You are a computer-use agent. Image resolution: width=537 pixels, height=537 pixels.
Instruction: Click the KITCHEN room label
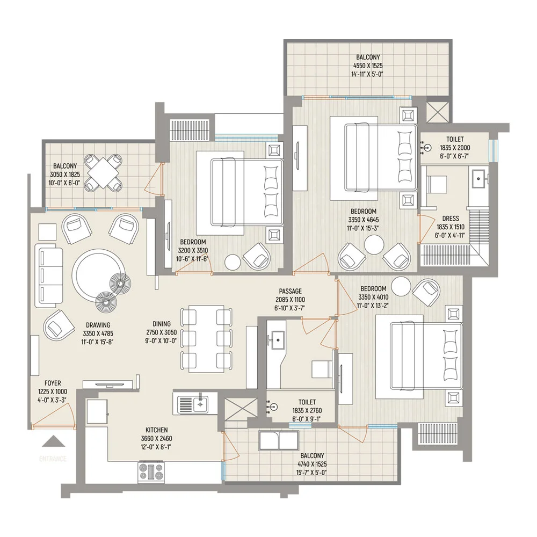pos(156,430)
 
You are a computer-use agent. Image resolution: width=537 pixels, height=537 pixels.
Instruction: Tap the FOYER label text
pos(53,383)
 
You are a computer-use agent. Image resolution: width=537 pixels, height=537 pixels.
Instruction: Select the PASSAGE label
pos(290,291)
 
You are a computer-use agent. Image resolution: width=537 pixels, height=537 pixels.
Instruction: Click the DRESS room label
pos(451,218)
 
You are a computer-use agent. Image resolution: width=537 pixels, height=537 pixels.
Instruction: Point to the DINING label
pos(162,324)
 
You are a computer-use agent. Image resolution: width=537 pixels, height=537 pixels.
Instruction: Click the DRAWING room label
pos(98,325)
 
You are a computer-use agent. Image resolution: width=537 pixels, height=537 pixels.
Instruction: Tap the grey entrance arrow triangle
pos(53,441)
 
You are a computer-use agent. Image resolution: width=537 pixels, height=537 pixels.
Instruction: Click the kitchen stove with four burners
pos(151,472)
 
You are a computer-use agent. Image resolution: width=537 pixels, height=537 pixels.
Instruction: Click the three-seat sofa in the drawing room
pos(49,278)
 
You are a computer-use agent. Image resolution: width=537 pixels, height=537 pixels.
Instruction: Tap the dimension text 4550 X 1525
pos(368,66)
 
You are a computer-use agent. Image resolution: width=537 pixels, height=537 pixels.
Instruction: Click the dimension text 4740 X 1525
pos(312,464)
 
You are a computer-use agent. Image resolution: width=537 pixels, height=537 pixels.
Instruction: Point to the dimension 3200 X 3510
pos(193,250)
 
